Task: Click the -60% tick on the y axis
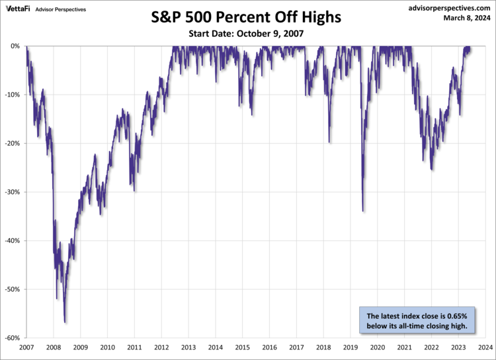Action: (x=13, y=338)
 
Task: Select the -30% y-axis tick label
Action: (x=13, y=192)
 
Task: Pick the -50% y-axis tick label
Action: (x=13, y=289)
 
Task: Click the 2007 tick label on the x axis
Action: (x=26, y=347)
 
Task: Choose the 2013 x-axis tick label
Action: (x=188, y=347)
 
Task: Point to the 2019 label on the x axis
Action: (x=351, y=347)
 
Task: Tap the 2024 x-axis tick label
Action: (x=485, y=347)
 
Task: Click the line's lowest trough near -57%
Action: (x=65, y=322)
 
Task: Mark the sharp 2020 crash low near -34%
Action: (x=363, y=210)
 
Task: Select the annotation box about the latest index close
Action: (x=417, y=320)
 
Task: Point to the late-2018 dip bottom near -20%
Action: (x=330, y=142)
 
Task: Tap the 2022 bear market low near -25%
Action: (x=432, y=169)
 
